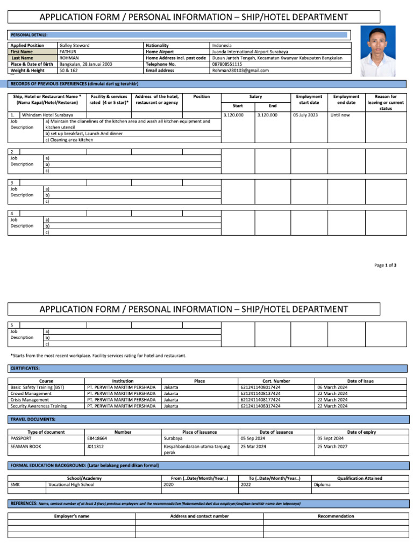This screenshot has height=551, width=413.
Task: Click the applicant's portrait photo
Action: tap(382, 52)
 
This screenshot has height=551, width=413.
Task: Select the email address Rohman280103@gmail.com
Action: tap(240, 70)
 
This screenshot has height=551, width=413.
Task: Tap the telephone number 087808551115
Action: tap(227, 64)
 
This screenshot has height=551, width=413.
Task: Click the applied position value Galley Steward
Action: tap(74, 46)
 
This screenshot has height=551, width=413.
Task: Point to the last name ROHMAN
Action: tap(69, 58)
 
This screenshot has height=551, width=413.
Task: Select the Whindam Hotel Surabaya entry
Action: tap(47, 115)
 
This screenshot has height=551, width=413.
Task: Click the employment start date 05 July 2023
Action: tap(305, 115)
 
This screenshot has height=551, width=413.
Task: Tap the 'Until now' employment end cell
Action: tap(340, 115)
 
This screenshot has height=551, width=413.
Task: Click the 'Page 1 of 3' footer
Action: tap(385, 265)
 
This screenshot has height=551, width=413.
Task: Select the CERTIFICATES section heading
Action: tap(25, 368)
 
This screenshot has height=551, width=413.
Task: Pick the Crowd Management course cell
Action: tap(31, 393)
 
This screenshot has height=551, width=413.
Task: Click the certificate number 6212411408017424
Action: tap(260, 387)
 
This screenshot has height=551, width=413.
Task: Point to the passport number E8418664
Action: tap(97, 438)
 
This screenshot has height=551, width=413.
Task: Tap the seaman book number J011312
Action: tap(95, 447)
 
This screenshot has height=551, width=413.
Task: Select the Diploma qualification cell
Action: tap(323, 484)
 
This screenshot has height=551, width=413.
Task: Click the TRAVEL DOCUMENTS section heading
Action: tap(33, 419)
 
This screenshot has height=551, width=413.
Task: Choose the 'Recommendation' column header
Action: tap(336, 516)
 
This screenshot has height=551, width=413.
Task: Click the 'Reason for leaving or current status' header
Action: tap(385, 102)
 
